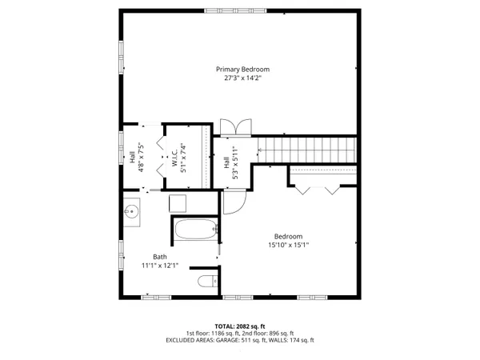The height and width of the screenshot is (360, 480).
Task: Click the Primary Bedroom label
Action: tap(239, 69)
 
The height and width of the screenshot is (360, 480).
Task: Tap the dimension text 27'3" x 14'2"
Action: tap(239, 78)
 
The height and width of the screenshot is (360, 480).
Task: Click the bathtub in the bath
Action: tap(194, 231)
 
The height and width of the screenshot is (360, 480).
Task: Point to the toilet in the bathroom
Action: tap(206, 281)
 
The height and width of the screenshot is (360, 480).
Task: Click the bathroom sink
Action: tap(132, 213)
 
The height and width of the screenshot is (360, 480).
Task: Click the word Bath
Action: tap(149, 257)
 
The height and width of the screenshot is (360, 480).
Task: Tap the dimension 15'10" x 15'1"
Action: tap(288, 245)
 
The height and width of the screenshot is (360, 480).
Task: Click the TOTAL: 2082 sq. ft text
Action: tap(239, 326)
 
